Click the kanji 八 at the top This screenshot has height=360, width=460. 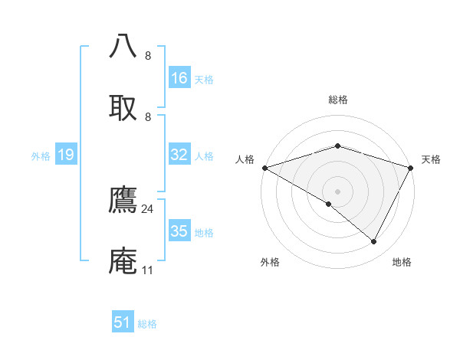123,46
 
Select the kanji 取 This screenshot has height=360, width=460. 123,107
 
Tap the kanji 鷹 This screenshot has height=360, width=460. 123,200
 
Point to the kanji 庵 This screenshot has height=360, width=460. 123,261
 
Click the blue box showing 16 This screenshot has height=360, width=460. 179,78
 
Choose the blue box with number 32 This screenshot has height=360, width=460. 179,155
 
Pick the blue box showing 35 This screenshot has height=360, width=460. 179,231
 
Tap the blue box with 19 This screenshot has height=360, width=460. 66,155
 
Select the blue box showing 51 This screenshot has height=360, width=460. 123,322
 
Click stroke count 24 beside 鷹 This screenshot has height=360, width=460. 148,208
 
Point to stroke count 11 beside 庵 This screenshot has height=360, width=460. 147,270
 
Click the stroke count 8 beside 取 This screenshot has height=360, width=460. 148,116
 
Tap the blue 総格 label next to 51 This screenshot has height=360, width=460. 147,324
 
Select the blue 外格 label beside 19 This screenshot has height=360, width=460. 41,156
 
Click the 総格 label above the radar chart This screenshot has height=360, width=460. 338,100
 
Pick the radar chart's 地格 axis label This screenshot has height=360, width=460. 402,262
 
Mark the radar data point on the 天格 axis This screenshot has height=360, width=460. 411,168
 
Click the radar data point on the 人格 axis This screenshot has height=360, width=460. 264,168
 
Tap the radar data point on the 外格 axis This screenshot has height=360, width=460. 329,204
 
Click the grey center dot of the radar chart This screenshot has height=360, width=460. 338,191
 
